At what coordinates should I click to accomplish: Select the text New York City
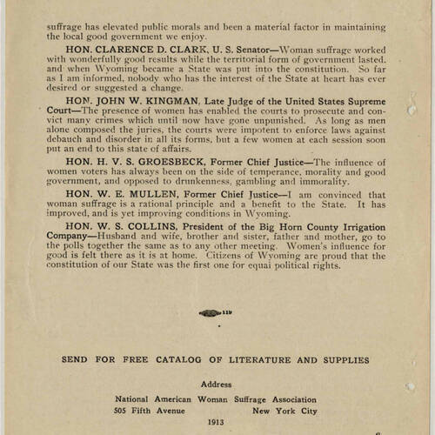point(284,411)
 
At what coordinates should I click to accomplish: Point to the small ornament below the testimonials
point(215,312)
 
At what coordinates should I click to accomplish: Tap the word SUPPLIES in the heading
point(341,359)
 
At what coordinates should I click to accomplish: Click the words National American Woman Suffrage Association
point(217,398)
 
